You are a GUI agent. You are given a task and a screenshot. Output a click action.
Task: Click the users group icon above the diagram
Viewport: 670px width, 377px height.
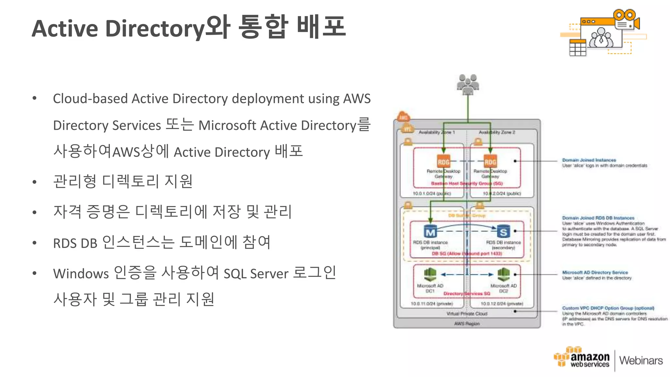coord(468,84)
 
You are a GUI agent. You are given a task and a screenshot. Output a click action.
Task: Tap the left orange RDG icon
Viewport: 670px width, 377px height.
coord(444,161)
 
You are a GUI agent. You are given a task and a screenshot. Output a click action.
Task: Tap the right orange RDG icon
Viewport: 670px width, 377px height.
coord(490,161)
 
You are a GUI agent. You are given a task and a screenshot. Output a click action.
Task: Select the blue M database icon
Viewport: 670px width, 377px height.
coord(431,231)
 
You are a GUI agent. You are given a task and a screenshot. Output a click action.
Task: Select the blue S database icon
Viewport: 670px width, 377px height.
coord(503,231)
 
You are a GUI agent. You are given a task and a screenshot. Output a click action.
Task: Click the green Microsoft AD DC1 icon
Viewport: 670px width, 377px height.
coord(430,274)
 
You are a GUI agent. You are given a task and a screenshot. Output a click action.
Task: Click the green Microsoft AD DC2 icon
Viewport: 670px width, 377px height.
coord(503,274)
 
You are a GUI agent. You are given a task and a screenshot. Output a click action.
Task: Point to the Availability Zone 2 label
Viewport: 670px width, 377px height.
coord(497,132)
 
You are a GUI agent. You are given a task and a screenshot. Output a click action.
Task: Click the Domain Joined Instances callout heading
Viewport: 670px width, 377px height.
coord(589,160)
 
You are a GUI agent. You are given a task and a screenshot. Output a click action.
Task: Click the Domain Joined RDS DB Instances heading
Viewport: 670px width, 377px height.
coord(598,218)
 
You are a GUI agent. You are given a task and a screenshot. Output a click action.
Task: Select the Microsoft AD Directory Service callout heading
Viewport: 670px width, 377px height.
coord(595,272)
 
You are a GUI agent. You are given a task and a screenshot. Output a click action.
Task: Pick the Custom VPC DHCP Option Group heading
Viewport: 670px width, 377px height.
coord(608,308)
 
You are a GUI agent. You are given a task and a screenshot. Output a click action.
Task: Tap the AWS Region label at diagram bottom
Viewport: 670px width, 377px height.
coord(467,324)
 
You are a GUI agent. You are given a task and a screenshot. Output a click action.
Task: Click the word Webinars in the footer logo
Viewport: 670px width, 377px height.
coord(641,361)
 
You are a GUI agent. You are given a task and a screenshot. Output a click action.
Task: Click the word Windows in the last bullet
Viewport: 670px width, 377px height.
coord(81,274)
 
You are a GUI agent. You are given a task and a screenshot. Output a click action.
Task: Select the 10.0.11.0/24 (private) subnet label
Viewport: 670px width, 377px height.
coord(432,304)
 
